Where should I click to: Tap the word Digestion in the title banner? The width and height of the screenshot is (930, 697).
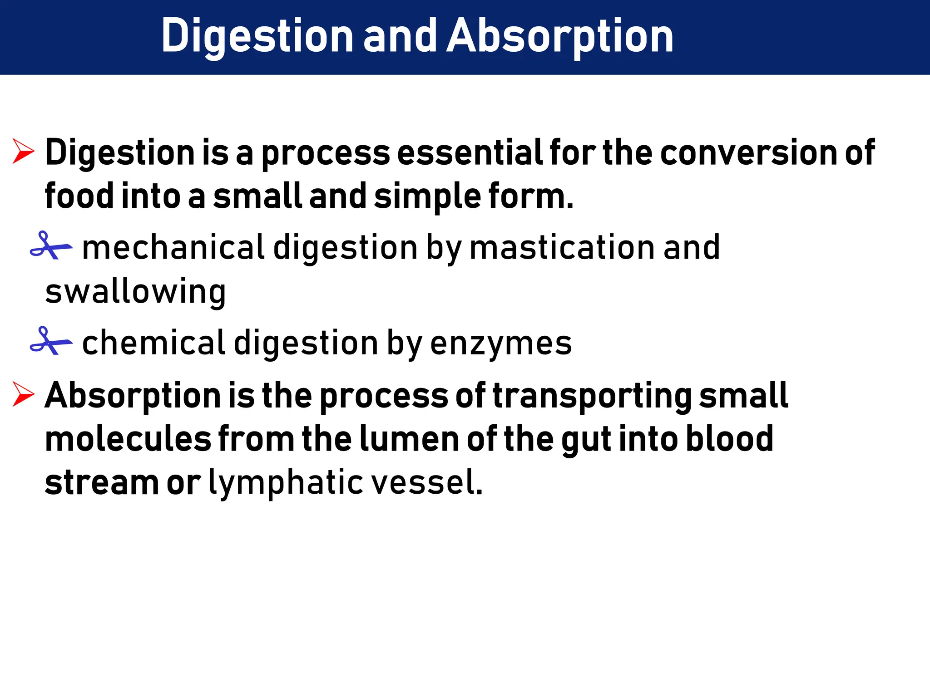(257, 36)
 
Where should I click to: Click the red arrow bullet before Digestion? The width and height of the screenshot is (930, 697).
(23, 152)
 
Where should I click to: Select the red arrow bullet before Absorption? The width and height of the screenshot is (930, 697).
(23, 394)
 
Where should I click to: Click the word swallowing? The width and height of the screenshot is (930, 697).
(135, 291)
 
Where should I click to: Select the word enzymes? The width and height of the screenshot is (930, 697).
(500, 343)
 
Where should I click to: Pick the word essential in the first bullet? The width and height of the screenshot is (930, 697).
(470, 152)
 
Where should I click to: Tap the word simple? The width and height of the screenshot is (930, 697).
(427, 196)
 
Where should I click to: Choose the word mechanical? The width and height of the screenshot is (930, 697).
(173, 248)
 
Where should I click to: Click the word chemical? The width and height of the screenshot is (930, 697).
(153, 343)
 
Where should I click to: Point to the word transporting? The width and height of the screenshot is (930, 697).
(592, 396)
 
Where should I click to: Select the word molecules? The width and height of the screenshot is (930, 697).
(128, 439)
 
